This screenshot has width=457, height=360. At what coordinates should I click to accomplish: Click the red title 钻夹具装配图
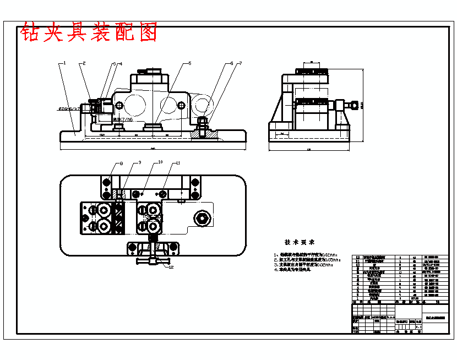[89, 32]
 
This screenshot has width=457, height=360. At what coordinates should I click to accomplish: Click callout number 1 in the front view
[64, 63]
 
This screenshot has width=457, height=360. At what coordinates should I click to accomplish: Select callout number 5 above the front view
[189, 63]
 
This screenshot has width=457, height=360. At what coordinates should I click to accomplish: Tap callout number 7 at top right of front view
[240, 63]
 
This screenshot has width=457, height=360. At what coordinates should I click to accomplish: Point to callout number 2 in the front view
[84, 63]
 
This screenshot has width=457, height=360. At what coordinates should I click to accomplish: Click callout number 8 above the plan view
[121, 163]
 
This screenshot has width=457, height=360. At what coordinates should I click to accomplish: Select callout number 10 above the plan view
[160, 162]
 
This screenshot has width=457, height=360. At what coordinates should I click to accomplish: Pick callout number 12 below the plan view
[171, 268]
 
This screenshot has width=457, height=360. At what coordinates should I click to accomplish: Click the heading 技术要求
[300, 242]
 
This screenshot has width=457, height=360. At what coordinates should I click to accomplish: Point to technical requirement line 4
[292, 270]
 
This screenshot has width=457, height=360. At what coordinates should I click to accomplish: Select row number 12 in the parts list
[358, 257]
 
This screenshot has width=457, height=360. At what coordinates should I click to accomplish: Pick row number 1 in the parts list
[358, 298]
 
